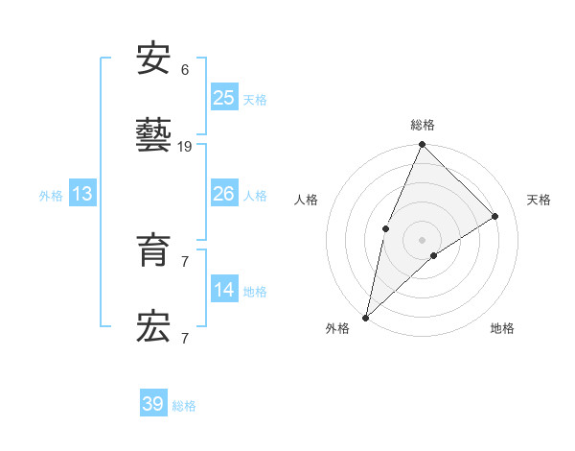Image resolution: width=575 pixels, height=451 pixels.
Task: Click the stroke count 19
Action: click(x=186, y=147)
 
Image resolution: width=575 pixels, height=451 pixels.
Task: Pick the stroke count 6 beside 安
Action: click(x=185, y=70)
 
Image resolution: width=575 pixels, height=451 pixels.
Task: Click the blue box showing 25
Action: click(x=223, y=98)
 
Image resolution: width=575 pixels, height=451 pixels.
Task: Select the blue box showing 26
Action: click(x=223, y=195)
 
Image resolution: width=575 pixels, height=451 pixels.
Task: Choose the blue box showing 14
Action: click(x=223, y=291)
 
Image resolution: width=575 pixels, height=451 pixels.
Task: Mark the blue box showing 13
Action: click(x=81, y=195)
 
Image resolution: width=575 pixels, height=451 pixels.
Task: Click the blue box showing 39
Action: click(x=152, y=405)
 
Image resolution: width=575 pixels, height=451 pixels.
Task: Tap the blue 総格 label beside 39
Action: click(x=184, y=406)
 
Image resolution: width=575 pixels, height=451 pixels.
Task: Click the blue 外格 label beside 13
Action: click(x=51, y=196)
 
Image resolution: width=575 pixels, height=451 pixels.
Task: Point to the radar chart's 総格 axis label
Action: click(x=422, y=125)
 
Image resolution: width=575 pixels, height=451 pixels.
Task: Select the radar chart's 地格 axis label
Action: click(x=502, y=328)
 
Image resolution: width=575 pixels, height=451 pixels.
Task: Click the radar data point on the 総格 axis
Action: click(x=422, y=144)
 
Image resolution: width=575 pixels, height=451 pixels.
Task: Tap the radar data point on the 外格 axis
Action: click(x=365, y=317)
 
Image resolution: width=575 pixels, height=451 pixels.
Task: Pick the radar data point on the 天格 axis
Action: click(x=495, y=216)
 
